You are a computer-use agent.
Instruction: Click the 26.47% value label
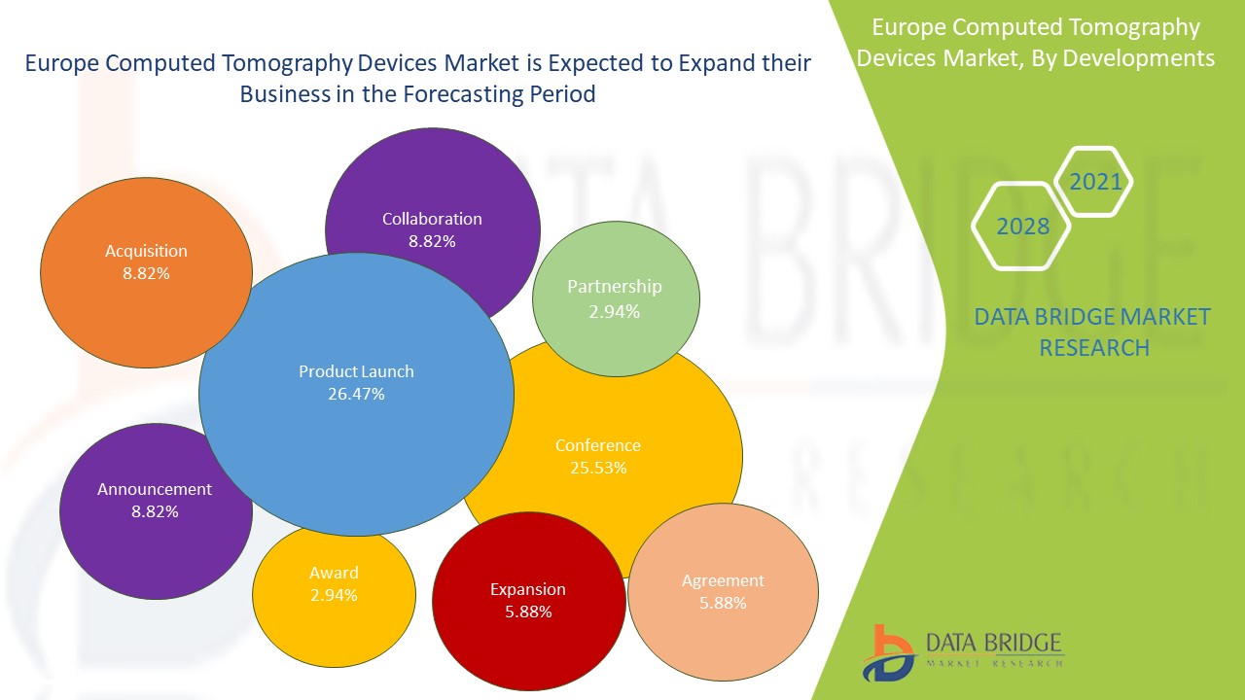pos(356,394)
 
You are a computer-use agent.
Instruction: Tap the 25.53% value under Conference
pos(598,468)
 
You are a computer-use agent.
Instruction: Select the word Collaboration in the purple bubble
pos(432,219)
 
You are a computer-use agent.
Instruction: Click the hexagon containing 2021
pos(1095,181)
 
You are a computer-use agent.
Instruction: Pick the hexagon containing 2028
pos(1023,227)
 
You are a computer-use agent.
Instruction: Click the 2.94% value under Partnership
pos(615,311)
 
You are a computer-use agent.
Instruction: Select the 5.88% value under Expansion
pos(528,612)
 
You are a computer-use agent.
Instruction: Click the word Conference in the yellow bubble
pos(598,445)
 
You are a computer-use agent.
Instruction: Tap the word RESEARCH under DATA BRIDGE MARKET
pos(1094,347)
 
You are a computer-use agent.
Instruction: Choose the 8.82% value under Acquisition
pos(146,273)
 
